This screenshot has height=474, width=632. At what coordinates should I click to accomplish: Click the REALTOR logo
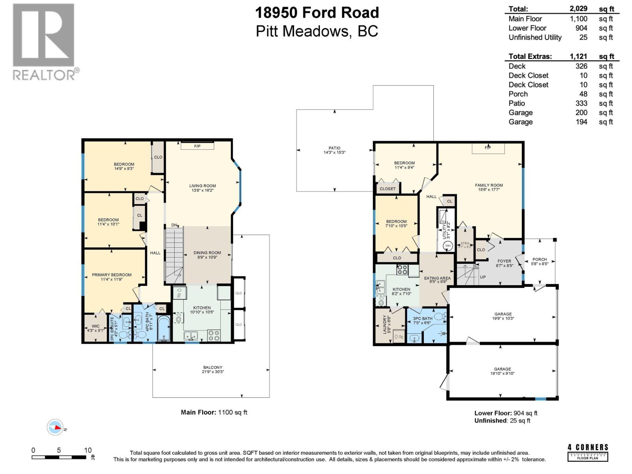click(x=43, y=41)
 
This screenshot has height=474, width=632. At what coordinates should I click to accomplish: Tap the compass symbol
click(x=56, y=427)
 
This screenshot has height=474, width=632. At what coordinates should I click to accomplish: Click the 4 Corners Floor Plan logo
click(x=588, y=452)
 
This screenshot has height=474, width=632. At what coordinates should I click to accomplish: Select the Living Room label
click(x=202, y=186)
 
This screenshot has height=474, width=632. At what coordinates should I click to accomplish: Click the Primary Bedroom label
click(x=112, y=275)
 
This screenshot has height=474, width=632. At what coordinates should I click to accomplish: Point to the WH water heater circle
click(x=448, y=246)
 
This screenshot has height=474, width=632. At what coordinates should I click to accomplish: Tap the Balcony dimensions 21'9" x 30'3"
click(x=213, y=372)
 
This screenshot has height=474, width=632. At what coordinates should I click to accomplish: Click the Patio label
click(x=335, y=148)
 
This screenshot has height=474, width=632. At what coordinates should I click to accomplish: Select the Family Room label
click(x=489, y=185)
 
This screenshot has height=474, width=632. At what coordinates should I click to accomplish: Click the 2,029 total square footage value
click(x=578, y=8)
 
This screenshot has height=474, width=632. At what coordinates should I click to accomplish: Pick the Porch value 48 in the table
click(x=583, y=94)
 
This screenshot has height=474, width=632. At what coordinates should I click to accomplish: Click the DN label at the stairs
click(x=174, y=225)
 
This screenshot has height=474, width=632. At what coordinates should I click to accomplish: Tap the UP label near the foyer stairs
click(x=483, y=277)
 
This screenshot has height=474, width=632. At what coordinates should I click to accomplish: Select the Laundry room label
click(x=384, y=324)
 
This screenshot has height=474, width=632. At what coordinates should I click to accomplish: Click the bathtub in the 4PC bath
click(x=164, y=327)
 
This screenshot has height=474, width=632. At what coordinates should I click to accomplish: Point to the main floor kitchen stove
click(x=214, y=335)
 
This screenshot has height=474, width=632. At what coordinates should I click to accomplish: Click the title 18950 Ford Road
click(x=317, y=13)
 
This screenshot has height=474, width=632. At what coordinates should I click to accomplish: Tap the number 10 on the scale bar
click(x=88, y=450)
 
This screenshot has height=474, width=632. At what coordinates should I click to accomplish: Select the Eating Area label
click(x=437, y=278)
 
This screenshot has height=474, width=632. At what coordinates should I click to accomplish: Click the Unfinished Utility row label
click(x=535, y=38)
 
